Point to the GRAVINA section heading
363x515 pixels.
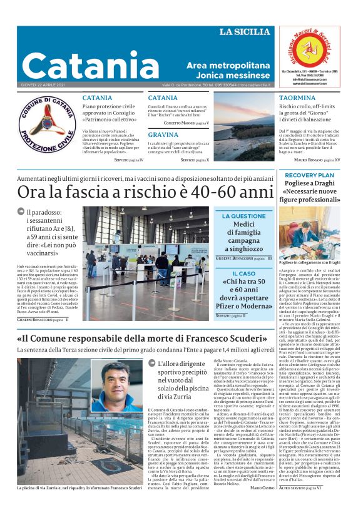(163, 135)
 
